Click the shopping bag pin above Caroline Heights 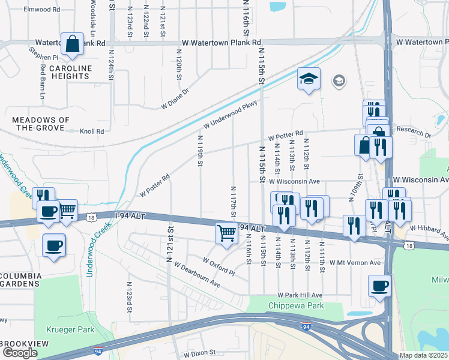coord(72,45)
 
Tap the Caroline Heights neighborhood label coord(70,73)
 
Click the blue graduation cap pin coord(309,80)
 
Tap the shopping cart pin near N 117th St coord(226,233)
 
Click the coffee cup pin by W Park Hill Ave coord(379,286)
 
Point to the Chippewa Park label coord(295,305)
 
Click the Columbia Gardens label coord(20,281)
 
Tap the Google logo coord(20,353)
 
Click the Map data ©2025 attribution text coord(423,355)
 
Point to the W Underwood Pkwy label coord(230,115)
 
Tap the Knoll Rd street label coord(92,130)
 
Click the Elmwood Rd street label coord(41,10)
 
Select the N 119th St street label coord(200,152)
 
